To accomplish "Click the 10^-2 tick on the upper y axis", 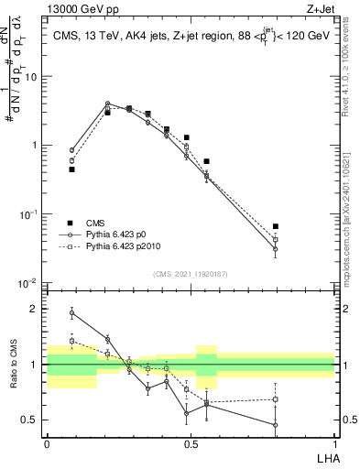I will click(x=30, y=283).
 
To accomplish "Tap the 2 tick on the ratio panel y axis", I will click(x=37, y=309).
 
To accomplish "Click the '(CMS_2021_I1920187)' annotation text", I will click(x=191, y=273).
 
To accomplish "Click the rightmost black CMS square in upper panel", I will click(x=276, y=226).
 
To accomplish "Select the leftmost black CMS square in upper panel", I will click(x=72, y=169).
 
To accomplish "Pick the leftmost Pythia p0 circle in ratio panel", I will click(x=72, y=312).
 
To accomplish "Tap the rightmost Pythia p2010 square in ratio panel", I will click(x=276, y=399).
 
